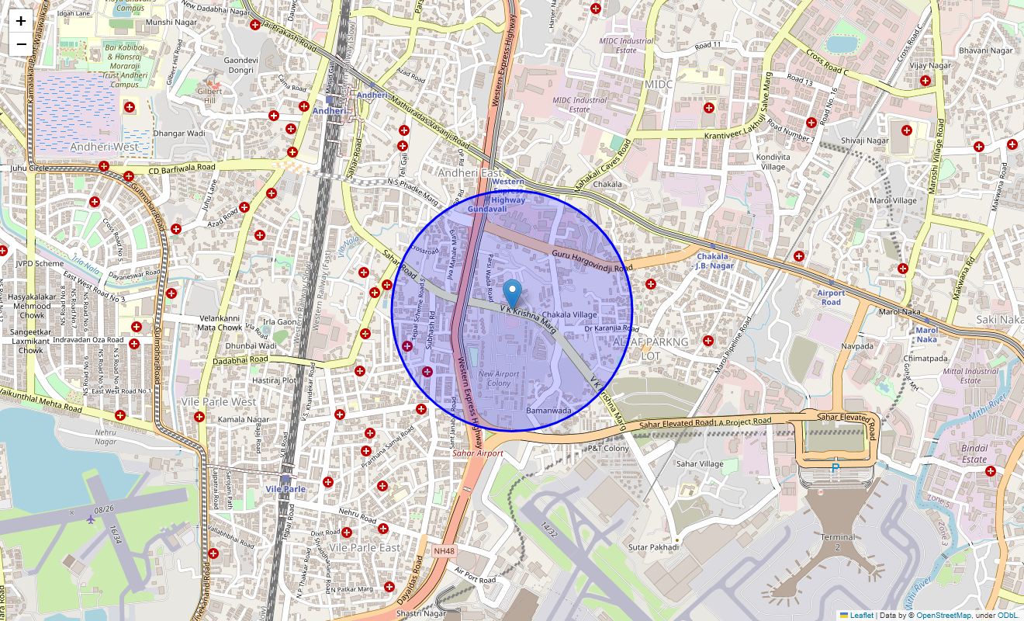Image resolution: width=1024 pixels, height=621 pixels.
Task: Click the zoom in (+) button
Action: [x=21, y=22]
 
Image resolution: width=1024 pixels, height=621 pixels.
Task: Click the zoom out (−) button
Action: [x=21, y=44]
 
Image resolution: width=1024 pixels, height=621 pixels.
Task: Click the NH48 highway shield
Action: [x=444, y=550]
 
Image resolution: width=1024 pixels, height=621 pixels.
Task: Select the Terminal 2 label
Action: [x=838, y=542]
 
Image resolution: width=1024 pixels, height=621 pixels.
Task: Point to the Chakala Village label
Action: [x=575, y=314]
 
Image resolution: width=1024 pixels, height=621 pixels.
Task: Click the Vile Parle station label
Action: [x=285, y=489]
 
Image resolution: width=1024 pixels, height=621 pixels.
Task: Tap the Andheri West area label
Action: [x=105, y=147]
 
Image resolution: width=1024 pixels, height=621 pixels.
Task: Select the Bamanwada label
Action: [x=548, y=410]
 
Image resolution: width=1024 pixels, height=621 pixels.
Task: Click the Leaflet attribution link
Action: [x=861, y=615]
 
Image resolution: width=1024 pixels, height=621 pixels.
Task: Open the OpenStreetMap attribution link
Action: [x=943, y=615]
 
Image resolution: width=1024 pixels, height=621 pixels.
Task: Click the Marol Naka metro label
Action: [x=926, y=335]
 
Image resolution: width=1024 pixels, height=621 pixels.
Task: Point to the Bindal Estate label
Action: [x=974, y=453]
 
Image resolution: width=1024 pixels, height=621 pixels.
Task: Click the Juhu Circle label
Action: [x=29, y=168]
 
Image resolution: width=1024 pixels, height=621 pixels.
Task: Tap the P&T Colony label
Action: [x=607, y=448]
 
